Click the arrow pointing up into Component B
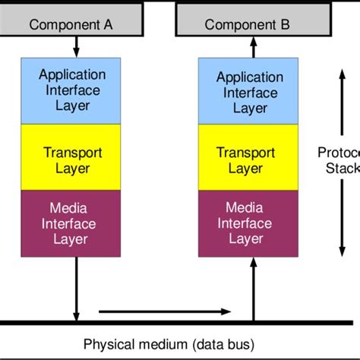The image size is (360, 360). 252,48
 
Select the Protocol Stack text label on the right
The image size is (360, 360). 338,159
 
